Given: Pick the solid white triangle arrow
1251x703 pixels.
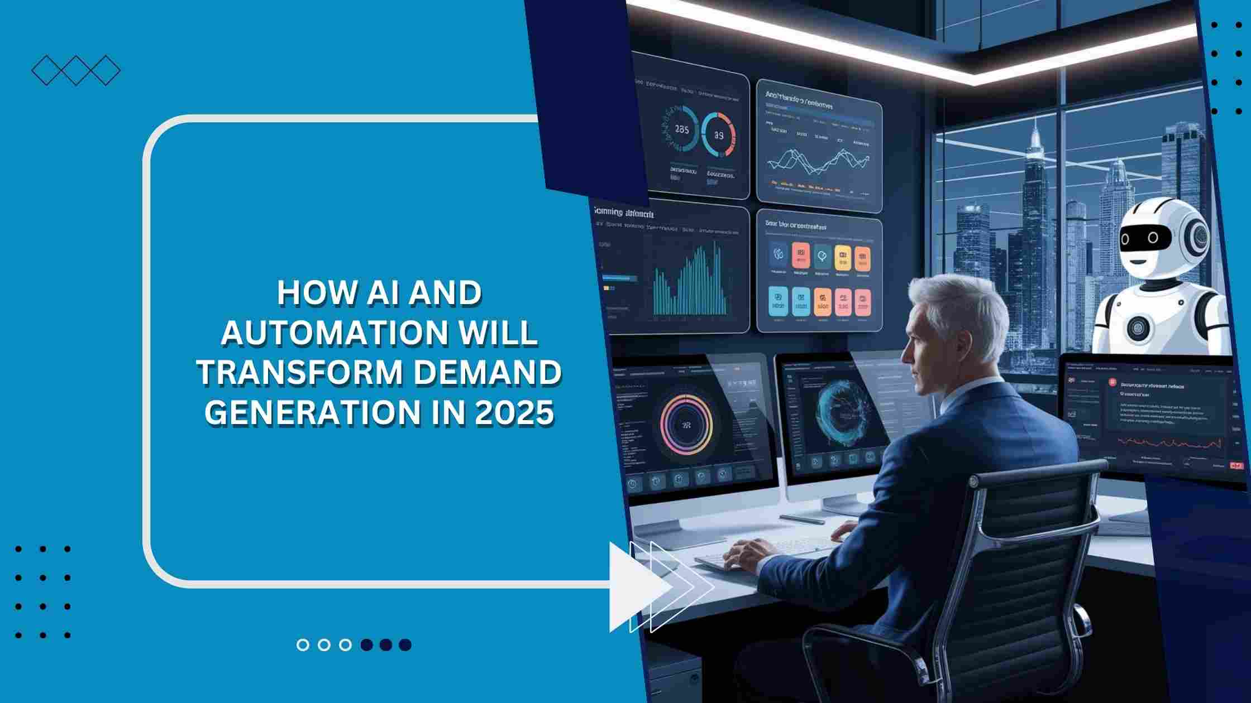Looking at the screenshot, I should coord(637,586).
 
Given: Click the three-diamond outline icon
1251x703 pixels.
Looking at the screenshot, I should coord(75,71).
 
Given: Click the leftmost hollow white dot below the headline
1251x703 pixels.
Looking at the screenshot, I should coord(303,645).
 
